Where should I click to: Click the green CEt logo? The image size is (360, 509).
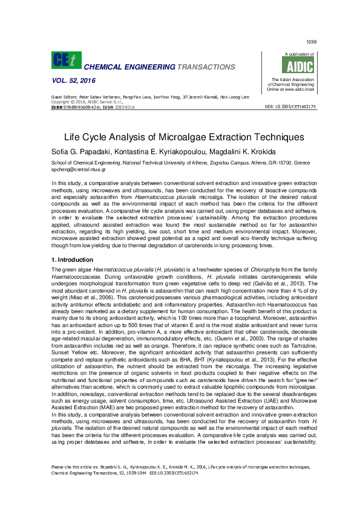click(67, 60)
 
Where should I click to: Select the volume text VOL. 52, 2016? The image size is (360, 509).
click(74, 80)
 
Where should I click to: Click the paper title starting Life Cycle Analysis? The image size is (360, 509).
click(180, 137)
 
